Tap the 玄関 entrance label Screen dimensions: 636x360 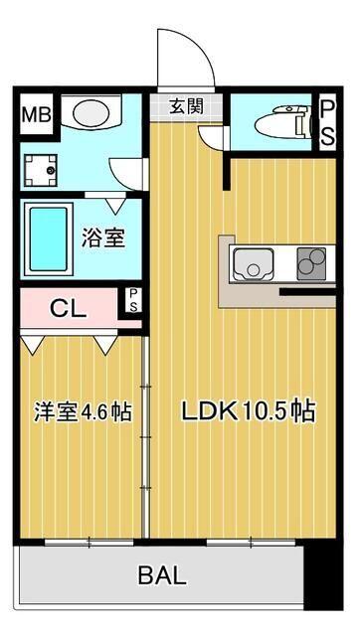185,106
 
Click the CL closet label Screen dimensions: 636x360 68,308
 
